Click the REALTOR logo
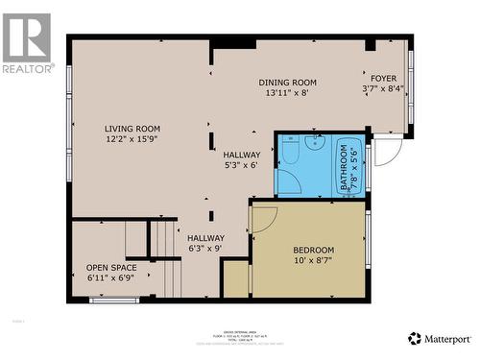[27, 43]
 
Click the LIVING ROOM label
[132, 129]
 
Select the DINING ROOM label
[288, 83]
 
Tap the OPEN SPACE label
[111, 268]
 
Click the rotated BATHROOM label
[344, 168]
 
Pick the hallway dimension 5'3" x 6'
[241, 165]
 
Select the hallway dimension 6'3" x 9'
[205, 250]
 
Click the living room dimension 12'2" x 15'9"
[132, 140]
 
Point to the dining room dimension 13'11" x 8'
[288, 94]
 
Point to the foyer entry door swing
[387, 152]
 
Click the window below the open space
[114, 300]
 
